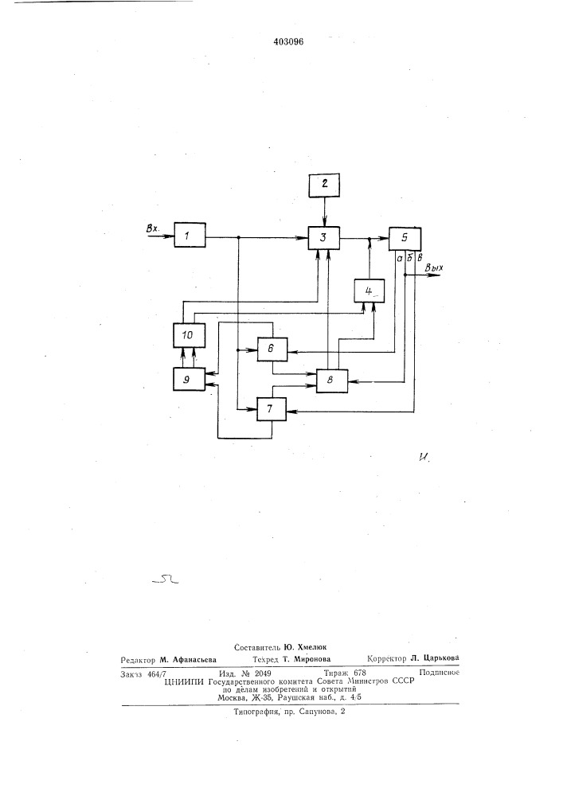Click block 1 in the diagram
pos(190,235)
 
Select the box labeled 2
pos(325,185)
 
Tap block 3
pos(324,237)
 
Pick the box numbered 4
pos(369,291)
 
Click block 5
pos(405,238)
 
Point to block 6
pos(272,349)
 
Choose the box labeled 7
pos(272,408)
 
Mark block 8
pos(332,380)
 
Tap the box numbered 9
pos(189,379)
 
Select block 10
pos(189,335)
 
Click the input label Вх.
pos(152,229)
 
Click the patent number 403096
pos(288,42)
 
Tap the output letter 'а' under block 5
pos(400,257)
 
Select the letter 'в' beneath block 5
pos(420,257)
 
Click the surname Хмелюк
pos(313,647)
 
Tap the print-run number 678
pos(359,673)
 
